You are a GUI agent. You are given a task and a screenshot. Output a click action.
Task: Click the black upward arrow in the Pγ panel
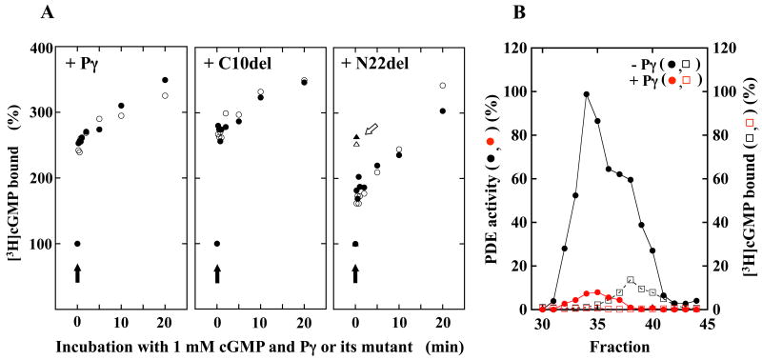click(x=77, y=273)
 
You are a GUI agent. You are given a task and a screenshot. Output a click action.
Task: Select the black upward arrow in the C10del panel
click(x=217, y=273)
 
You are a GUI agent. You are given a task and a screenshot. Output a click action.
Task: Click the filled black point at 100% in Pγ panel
click(x=77, y=244)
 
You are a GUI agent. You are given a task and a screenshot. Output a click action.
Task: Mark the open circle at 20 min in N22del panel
click(x=442, y=86)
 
